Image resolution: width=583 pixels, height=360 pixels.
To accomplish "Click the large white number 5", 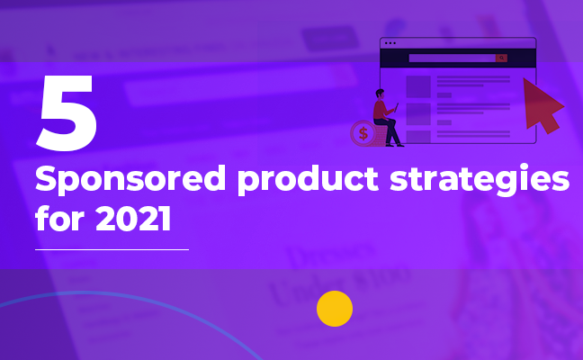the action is point(67,113).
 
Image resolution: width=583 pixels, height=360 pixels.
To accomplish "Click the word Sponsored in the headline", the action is point(130,180).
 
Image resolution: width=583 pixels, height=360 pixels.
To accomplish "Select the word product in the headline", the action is point(308,180).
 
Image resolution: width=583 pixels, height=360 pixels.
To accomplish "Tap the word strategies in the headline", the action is point(480,179).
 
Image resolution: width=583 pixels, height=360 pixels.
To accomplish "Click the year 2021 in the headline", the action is point(133,219).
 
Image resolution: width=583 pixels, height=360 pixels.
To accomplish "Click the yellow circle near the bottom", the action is point(335,309).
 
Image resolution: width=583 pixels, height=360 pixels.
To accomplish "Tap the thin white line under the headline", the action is point(112,249).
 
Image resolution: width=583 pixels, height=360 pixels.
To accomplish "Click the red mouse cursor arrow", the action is point(543,106).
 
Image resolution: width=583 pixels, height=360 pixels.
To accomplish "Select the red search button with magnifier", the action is point(501,58).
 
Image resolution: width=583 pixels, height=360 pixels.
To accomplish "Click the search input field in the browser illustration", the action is point(453,58).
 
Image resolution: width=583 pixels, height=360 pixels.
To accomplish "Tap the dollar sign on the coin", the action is point(363,133).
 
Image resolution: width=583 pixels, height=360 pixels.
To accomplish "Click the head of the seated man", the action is point(380,94).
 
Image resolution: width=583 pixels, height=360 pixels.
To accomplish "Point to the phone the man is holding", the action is point(397,107).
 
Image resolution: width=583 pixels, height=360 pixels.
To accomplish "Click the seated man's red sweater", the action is point(381,110).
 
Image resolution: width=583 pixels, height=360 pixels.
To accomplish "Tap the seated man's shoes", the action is point(394,145).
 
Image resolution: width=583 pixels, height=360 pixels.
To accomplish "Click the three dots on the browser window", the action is point(390,43).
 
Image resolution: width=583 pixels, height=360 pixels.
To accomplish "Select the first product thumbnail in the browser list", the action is point(418,86).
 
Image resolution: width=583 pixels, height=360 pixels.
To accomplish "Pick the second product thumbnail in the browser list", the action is point(418,114).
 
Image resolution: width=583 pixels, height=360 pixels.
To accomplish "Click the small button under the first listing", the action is point(444,95).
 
